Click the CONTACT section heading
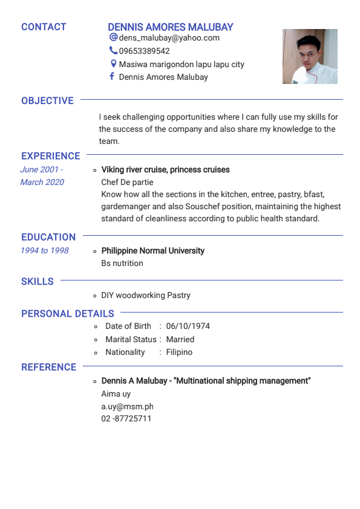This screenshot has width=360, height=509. coord(44,27)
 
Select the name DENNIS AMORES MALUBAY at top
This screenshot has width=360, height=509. coord(170,27)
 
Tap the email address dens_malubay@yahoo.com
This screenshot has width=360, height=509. coord(169,38)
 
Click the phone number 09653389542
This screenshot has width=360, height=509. coord(144,51)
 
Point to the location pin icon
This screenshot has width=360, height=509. coord(113,63)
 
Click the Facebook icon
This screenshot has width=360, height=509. coord(112,76)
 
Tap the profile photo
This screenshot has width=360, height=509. coord(310,56)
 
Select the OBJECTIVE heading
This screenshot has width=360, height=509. coord(47,101)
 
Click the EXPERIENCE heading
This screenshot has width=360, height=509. coord(50,156)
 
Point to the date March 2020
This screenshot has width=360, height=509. coord(42,182)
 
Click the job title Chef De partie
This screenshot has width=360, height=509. coord(127,182)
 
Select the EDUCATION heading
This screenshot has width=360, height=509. coord(48,237)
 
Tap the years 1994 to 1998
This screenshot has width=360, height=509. coord(45,250)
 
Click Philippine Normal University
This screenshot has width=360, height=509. coord(152,250)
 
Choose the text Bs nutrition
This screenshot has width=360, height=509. coord(122,263)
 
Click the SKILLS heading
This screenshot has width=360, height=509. coord(38,281)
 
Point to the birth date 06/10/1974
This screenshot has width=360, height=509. coord(188,326)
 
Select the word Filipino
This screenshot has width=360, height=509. coord(179,352)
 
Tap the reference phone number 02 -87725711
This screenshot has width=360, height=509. coord(126,418)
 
